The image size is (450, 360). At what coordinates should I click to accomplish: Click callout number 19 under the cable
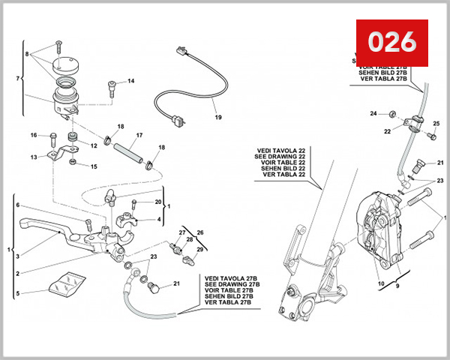(x=217, y=118)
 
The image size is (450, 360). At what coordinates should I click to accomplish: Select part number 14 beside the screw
(x=130, y=81)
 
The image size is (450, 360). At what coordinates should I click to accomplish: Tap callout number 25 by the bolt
(x=436, y=124)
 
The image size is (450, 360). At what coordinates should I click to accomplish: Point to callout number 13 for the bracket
(x=34, y=157)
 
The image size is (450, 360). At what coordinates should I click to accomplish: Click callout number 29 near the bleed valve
(x=199, y=249)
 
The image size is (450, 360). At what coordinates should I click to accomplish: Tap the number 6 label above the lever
(x=18, y=205)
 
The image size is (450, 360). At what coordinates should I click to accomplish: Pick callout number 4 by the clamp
(x=158, y=220)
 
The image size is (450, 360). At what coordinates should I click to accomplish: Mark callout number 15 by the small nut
(x=94, y=166)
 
